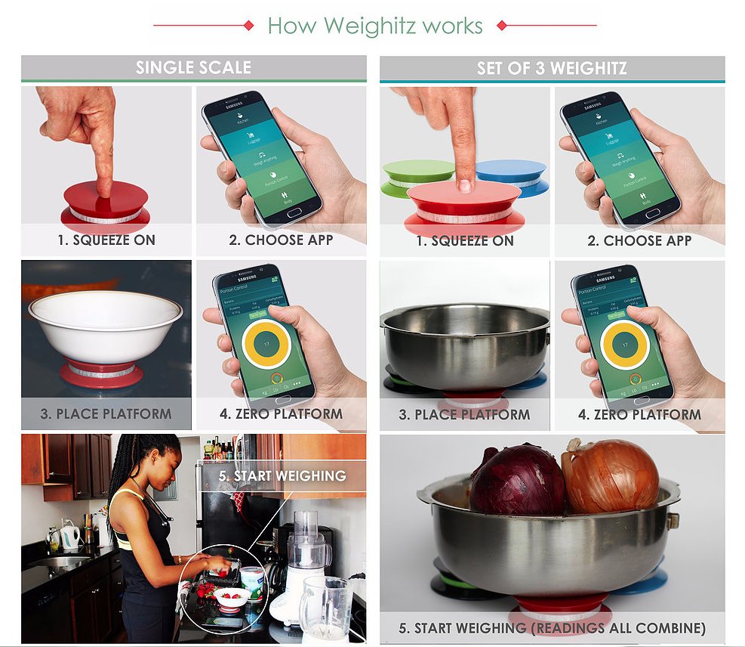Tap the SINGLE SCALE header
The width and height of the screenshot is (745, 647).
click(193, 67)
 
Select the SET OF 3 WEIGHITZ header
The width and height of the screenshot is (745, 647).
click(552, 68)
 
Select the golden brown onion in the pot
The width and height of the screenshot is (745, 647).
click(611, 476)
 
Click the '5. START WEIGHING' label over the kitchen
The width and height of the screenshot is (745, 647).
click(282, 476)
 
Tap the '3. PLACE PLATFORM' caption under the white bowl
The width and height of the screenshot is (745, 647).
click(106, 414)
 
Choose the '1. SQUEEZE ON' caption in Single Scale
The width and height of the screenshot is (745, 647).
click(106, 240)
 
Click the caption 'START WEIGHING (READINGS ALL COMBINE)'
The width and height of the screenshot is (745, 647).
click(552, 628)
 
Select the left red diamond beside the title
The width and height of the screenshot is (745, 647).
click(248, 26)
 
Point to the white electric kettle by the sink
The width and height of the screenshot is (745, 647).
click(69, 537)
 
